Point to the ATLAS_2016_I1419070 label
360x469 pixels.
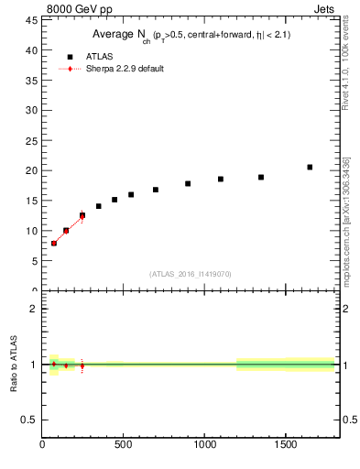tap(191, 273)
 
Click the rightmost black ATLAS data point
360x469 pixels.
tap(310, 167)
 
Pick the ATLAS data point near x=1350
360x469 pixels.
tap(261, 177)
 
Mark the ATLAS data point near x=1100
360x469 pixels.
tap(221, 179)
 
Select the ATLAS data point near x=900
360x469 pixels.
tap(188, 183)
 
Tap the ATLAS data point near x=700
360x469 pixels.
tap(156, 190)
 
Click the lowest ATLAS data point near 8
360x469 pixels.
tap(54, 243)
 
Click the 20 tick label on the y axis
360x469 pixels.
tap(33, 170)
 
